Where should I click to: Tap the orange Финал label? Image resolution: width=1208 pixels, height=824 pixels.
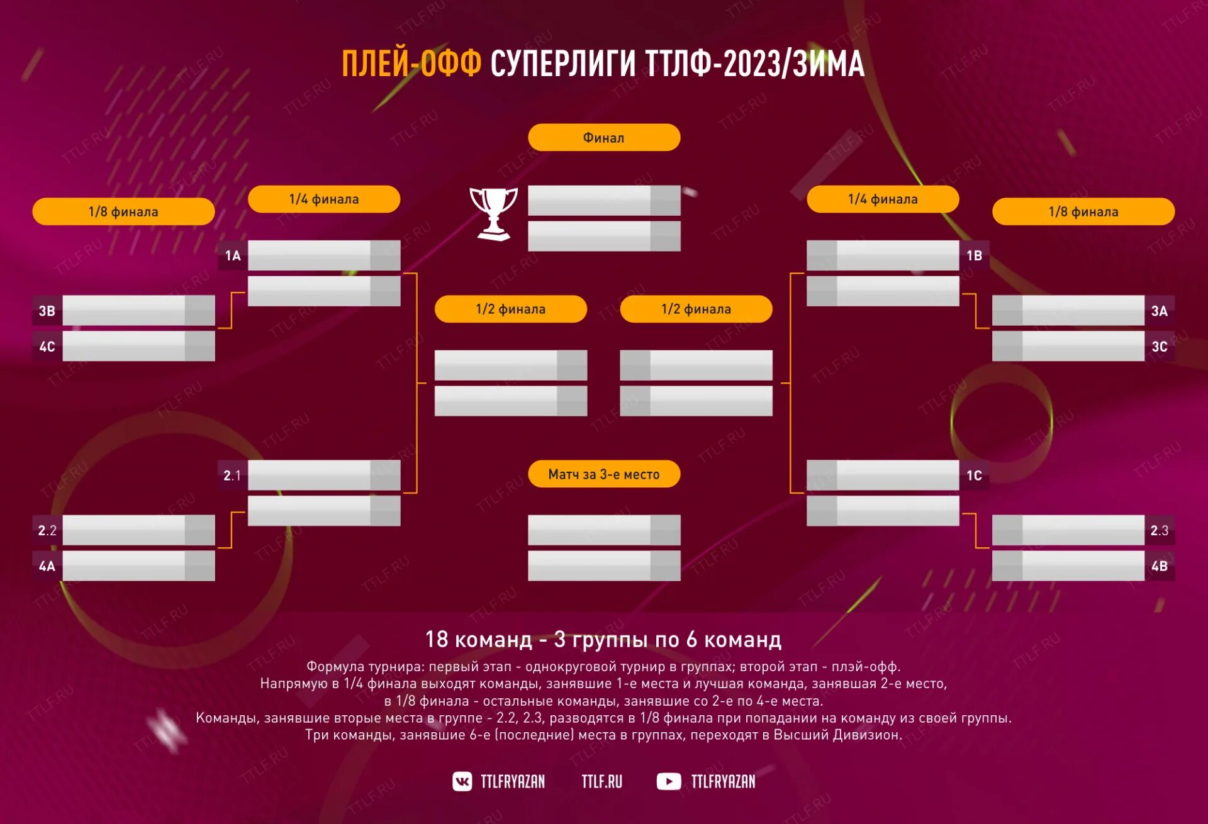click(x=603, y=138)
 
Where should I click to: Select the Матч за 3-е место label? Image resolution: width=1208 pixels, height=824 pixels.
click(x=603, y=474)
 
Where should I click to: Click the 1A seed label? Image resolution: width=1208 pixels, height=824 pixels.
click(x=233, y=255)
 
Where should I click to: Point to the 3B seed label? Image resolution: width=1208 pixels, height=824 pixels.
click(x=47, y=311)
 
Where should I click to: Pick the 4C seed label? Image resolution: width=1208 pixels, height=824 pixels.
click(x=47, y=347)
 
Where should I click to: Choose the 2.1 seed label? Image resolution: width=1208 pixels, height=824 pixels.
click(x=232, y=476)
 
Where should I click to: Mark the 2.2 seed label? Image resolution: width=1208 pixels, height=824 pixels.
click(x=47, y=530)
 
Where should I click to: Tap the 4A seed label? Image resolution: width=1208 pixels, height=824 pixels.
click(x=47, y=566)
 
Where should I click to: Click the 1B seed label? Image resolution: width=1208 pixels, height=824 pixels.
click(x=974, y=255)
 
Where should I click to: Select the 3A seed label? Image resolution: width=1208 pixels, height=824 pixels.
click(x=1159, y=311)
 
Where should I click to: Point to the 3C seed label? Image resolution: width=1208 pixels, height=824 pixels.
click(x=1159, y=347)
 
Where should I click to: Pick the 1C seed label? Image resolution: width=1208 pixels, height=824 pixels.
click(x=974, y=476)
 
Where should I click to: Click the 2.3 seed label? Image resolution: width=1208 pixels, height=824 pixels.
click(x=1159, y=530)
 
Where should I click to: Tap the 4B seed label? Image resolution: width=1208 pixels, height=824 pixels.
click(x=1159, y=566)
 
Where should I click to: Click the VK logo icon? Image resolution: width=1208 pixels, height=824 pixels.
click(x=462, y=781)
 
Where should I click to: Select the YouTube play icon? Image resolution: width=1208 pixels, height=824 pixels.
click(x=668, y=781)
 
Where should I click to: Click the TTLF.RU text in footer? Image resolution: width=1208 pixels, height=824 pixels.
click(x=601, y=781)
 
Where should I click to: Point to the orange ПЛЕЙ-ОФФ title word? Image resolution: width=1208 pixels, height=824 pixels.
click(x=411, y=64)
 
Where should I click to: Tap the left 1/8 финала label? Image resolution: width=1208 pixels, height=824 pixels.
click(x=123, y=212)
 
